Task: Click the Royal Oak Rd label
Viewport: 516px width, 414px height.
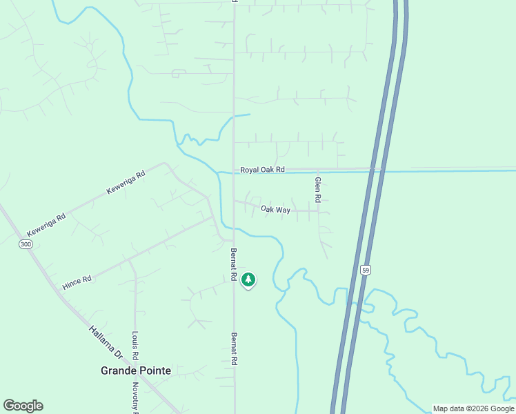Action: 263,170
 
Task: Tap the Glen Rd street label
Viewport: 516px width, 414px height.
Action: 318,189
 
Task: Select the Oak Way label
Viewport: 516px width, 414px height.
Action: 275,209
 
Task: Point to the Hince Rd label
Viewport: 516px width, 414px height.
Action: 77,281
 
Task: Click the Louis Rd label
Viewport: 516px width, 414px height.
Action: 135,346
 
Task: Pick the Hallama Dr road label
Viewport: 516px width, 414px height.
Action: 106,342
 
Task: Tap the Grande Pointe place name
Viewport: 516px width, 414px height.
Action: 136,371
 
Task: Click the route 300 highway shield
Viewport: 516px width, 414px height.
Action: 26,245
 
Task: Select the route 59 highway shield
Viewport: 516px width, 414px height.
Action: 365,270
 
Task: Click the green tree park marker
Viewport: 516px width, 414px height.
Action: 248,279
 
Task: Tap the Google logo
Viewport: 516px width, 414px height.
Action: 23,406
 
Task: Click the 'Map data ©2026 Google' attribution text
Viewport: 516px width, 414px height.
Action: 473,408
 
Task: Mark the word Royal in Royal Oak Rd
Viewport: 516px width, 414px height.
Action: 249,170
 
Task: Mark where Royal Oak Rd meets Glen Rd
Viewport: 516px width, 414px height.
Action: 318,169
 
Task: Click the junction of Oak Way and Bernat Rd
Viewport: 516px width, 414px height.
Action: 234,201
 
